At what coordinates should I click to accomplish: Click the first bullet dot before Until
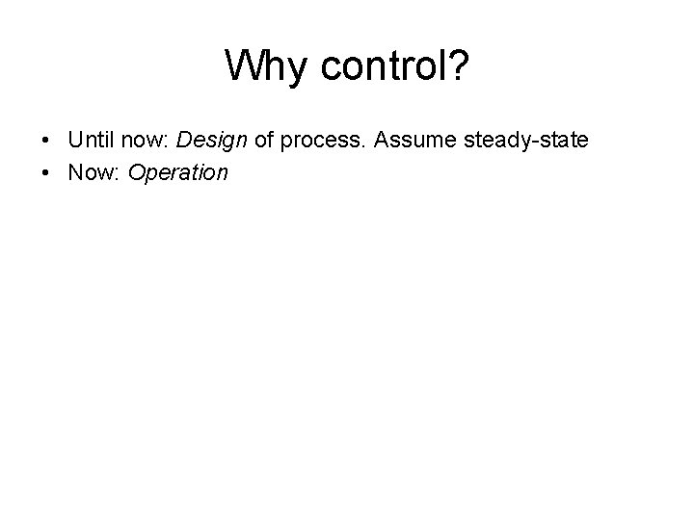(x=47, y=142)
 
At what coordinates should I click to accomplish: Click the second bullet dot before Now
(x=47, y=174)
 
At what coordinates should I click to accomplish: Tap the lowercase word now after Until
(x=143, y=141)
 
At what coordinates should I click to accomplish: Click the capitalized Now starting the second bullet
(x=88, y=173)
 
